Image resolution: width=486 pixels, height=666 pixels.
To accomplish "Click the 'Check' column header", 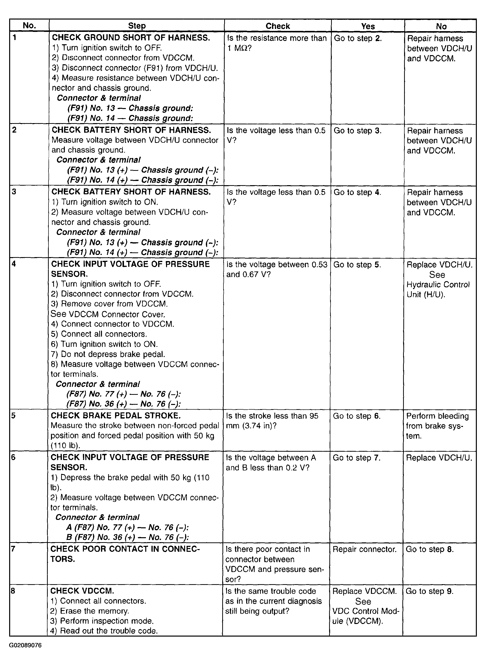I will point(277,26).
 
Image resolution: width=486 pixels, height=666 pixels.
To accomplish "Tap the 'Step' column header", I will point(137,26).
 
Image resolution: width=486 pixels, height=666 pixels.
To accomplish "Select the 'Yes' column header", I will point(368,26).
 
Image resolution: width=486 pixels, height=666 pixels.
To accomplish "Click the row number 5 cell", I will point(14,415).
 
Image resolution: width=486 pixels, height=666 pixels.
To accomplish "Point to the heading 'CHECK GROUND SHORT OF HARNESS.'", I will point(131,38).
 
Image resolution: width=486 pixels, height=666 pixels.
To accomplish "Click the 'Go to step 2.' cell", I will point(358,38).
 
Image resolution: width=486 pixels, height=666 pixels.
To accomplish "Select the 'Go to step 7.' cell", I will point(357,458).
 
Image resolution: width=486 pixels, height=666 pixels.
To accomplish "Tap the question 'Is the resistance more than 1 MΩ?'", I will point(277,43).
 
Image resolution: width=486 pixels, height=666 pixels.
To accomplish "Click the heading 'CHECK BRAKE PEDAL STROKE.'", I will point(116,415).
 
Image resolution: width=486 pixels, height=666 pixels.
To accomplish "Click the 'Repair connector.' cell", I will point(364,549).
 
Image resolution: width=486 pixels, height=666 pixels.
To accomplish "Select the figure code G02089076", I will point(25,645).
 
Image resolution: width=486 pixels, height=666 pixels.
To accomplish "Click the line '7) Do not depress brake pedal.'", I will point(108,354).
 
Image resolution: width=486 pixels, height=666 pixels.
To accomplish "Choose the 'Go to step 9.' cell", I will point(430,591).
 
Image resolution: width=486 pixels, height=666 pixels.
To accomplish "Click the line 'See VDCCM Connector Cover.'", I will point(108,314).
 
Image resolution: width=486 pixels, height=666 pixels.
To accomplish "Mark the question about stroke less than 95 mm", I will point(272,421).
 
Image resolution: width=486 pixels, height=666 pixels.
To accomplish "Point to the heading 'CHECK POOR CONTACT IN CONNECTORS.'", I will point(125,554).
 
